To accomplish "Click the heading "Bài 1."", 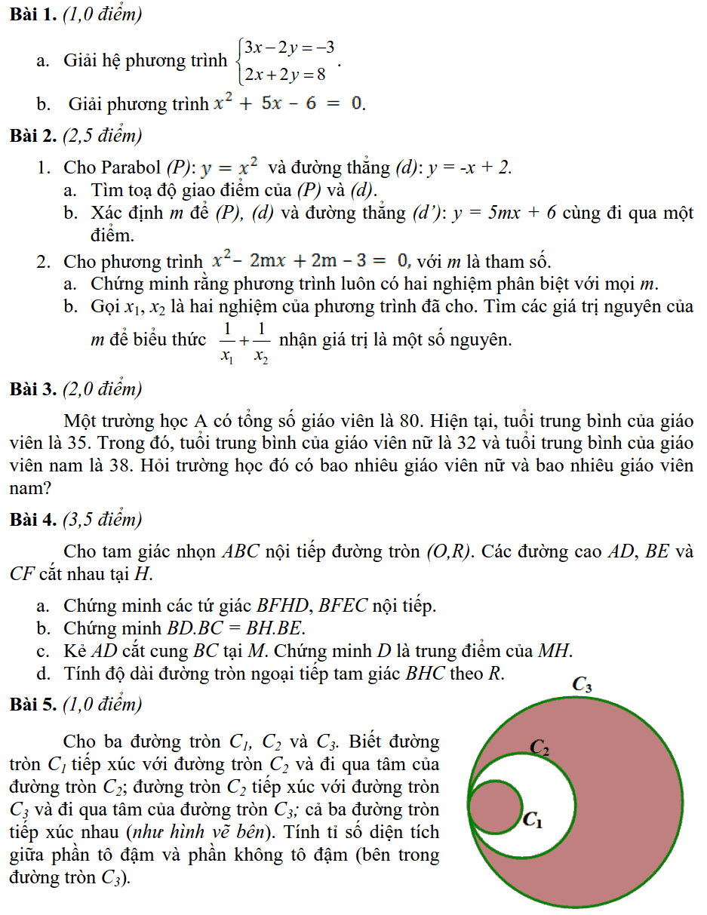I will (34, 14).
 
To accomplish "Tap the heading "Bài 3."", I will (34, 389).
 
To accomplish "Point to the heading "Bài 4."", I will (34, 520).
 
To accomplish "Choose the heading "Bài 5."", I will (34, 705).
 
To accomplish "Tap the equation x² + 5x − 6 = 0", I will (287, 102).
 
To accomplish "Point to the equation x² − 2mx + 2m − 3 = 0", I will (309, 261).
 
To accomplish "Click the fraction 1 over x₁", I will (226, 342).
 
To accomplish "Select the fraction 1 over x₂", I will (260, 342).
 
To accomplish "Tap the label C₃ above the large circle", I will (582, 685).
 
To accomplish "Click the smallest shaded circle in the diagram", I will (495, 807).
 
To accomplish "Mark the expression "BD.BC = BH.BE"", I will (234, 628).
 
